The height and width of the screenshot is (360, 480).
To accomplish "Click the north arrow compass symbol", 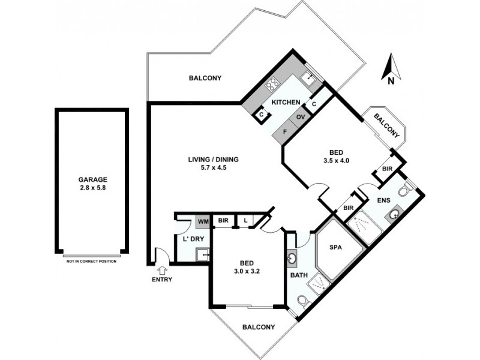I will pyautogui.click(x=391, y=67).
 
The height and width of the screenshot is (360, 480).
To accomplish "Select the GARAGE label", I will pyautogui.click(x=92, y=179).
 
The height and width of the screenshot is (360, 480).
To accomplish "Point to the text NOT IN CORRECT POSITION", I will pyautogui.click(x=92, y=262).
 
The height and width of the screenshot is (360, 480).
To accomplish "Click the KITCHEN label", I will pyautogui.click(x=286, y=103).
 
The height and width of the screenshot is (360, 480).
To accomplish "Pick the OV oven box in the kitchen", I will pyautogui.click(x=301, y=117).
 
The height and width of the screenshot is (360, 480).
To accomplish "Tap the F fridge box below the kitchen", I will pyautogui.click(x=285, y=131).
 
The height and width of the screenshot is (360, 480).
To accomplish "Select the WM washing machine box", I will pyautogui.click(x=202, y=221).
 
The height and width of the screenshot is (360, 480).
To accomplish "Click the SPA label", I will pyautogui.click(x=336, y=247).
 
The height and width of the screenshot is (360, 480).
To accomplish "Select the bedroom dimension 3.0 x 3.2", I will pyautogui.click(x=246, y=271).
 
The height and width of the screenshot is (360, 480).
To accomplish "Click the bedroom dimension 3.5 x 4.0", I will pyautogui.click(x=336, y=161).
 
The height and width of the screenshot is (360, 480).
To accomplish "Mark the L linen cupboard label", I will pyautogui.click(x=246, y=221).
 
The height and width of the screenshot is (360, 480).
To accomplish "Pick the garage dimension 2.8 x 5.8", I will pyautogui.click(x=92, y=188).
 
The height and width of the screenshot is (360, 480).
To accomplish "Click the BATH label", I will pyautogui.click(x=298, y=276).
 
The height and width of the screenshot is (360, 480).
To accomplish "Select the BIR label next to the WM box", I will pyautogui.click(x=223, y=221).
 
